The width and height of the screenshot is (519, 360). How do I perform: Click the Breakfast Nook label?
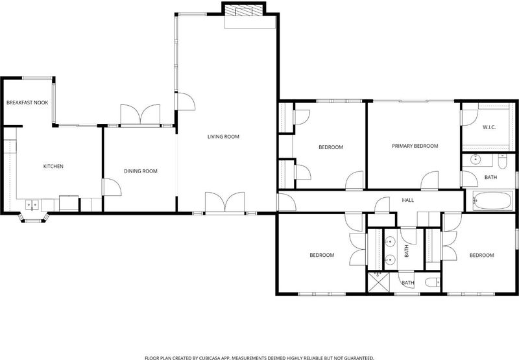tap(27, 102)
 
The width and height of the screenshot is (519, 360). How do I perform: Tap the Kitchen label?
tap(53, 166)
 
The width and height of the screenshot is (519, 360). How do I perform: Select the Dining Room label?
tap(141, 171)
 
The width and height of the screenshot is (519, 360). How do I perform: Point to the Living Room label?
tap(223, 137)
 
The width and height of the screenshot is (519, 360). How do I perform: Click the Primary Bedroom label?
tap(415, 146)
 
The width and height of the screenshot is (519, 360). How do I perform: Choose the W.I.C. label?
tap(489, 127)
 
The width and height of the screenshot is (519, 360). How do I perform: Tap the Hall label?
tap(408, 200)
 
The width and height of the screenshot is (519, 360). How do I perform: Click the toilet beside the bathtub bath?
tap(502, 161)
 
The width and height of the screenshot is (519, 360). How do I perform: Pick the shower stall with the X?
tap(379, 282)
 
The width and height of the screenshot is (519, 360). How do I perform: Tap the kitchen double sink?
tap(32, 205)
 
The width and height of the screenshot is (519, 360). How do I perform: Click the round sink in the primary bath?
tap(476, 160)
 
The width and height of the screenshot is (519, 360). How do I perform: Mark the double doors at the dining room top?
tap(140, 115)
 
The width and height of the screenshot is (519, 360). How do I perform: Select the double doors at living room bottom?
tap(225, 202)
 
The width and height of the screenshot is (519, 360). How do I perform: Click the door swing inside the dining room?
tap(112, 187)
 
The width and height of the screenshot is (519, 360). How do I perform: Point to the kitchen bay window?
tap(34, 218)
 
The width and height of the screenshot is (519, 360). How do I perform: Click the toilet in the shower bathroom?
tap(433, 282)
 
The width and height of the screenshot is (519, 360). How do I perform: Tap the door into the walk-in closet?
tap(469, 118)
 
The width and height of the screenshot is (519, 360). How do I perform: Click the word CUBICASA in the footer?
tap(205, 358)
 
